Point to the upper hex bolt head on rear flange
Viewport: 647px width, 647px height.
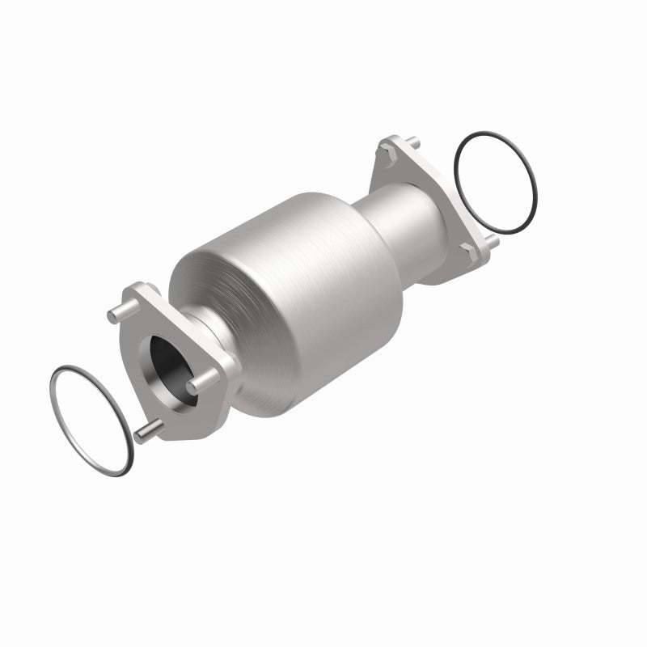[x=389, y=153]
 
